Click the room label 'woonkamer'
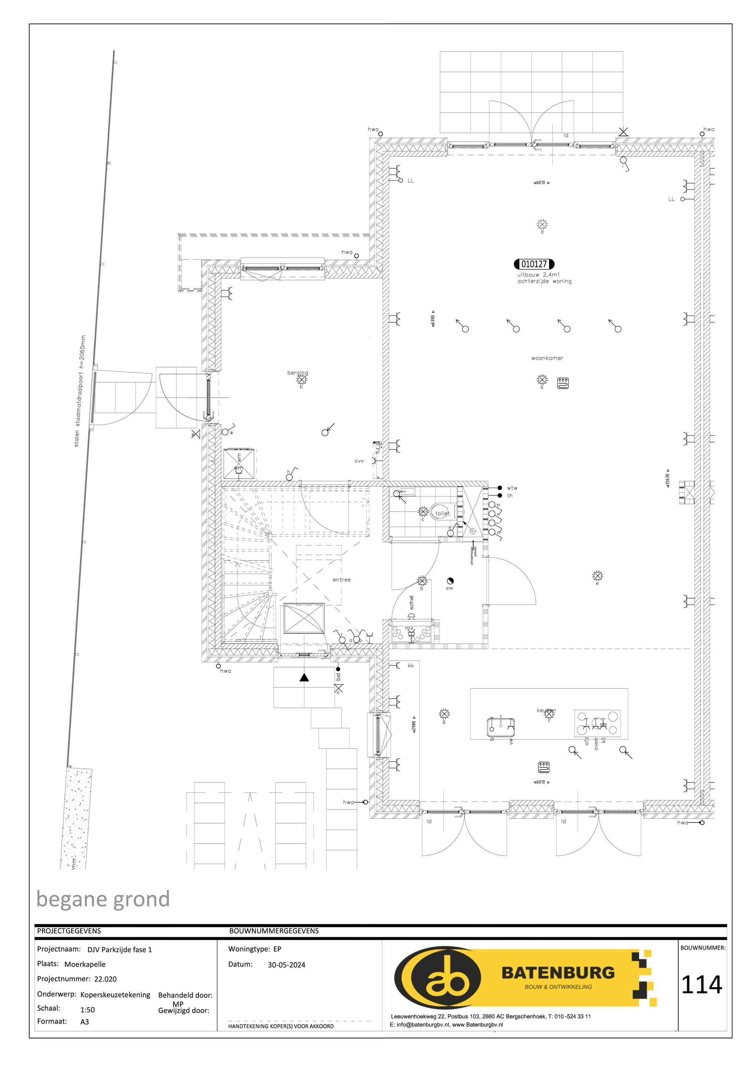pos(547,358)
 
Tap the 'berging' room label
pos(298,373)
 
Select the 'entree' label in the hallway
pos(342,580)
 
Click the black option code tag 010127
pos(534,264)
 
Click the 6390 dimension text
pos(433,319)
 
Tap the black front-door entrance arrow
pos(304,677)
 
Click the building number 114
pos(702,985)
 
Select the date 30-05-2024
pos(286,965)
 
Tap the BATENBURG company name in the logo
pos(558,973)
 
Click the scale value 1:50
pos(88,1010)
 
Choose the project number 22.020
pos(105,979)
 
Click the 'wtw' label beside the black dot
pos(512,488)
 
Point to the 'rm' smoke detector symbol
pos(450,581)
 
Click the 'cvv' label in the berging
pos(359,461)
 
